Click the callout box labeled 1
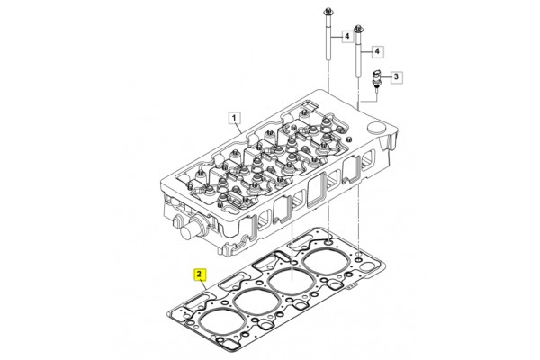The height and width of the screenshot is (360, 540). [234, 118]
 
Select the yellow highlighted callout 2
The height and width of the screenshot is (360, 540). [199, 274]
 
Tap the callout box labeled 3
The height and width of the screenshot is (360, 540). [396, 76]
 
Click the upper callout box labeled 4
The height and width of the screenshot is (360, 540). [347, 36]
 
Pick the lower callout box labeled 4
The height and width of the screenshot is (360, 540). [377, 51]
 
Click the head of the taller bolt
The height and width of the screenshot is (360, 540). [328, 12]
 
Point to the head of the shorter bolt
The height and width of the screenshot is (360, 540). [358, 28]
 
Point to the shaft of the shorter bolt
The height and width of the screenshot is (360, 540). [358, 54]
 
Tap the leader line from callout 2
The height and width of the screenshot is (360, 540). [203, 285]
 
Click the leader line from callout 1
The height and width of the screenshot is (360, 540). [238, 129]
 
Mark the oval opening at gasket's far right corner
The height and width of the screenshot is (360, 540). [367, 266]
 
